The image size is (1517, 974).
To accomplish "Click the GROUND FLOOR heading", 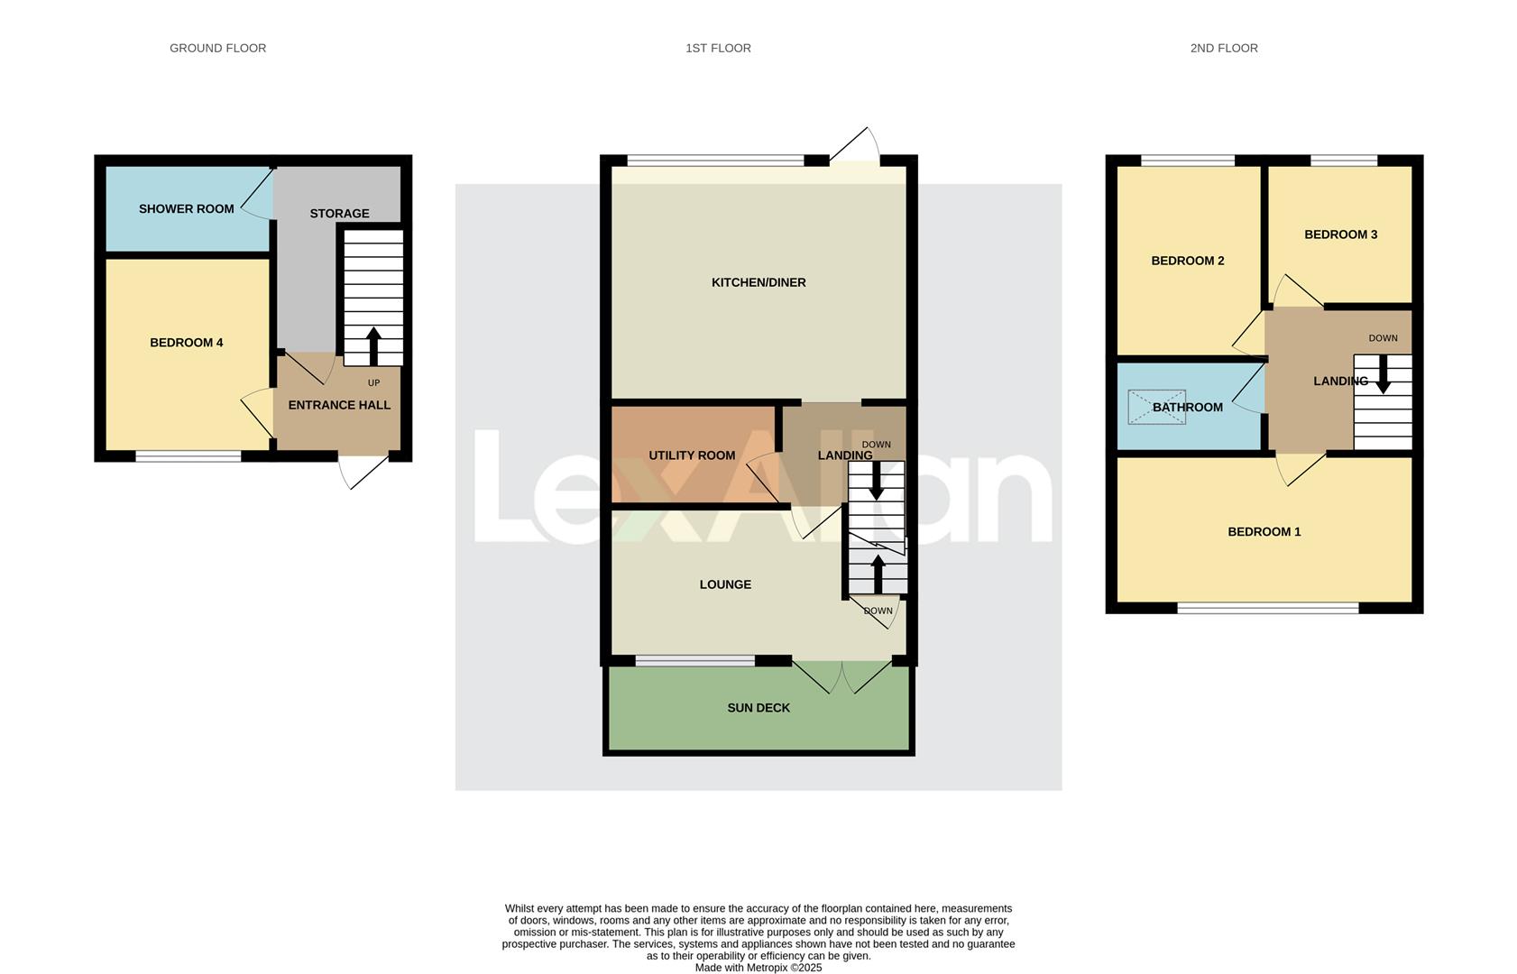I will pos(217,48).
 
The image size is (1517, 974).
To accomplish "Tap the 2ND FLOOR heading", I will pos(1223,48).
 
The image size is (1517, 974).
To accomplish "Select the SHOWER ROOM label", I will pos(186,208).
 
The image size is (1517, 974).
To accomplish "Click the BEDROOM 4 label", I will pos(186,342).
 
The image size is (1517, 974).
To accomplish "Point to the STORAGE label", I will pos(339,213).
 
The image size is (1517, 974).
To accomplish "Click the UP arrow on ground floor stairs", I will pos(373,345).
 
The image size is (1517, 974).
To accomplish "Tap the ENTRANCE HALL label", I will pos(339,405).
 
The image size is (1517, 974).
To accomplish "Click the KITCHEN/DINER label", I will pos(758,282).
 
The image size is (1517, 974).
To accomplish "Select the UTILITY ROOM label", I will pos(692,455).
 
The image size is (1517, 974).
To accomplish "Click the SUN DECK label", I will pos(758,708).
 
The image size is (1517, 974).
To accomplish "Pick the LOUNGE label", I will pos(725,584).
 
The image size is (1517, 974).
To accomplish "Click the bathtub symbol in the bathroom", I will pos(1157,407).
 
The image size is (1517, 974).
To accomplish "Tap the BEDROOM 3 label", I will pos(1340,234).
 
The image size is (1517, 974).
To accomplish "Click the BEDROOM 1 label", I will pos(1264,531).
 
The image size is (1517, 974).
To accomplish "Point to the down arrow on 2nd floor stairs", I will pos(1382,373).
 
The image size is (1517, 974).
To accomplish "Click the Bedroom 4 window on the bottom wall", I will pos(188,456).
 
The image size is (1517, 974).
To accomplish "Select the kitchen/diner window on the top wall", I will pos(715,161).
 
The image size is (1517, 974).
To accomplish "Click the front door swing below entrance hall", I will pos(363,471).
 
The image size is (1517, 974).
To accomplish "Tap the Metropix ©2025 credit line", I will pos(758,968).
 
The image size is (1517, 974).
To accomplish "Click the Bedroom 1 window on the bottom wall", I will pos(1267,608).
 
